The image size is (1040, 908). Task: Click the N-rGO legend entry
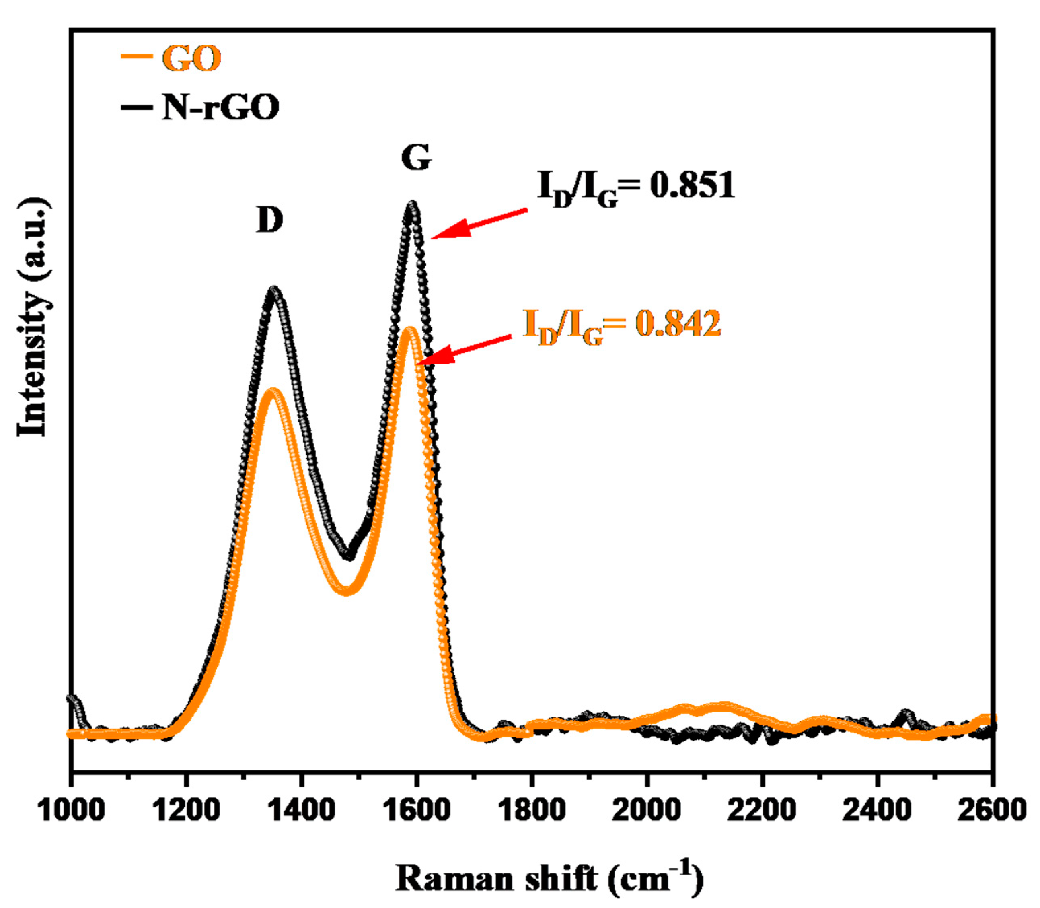point(201,107)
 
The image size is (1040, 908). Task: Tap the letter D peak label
point(269,220)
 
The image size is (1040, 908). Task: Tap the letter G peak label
point(416,158)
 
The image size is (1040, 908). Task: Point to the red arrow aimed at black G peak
point(479,224)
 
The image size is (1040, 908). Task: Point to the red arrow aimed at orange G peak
point(464,350)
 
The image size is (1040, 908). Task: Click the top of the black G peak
point(412,205)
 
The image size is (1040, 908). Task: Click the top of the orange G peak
point(409,330)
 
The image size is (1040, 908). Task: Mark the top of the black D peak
point(274,290)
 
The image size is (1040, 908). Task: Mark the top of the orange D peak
point(273,391)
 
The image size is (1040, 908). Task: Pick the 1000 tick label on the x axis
point(72,810)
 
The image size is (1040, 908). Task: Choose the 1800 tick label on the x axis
point(531,810)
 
